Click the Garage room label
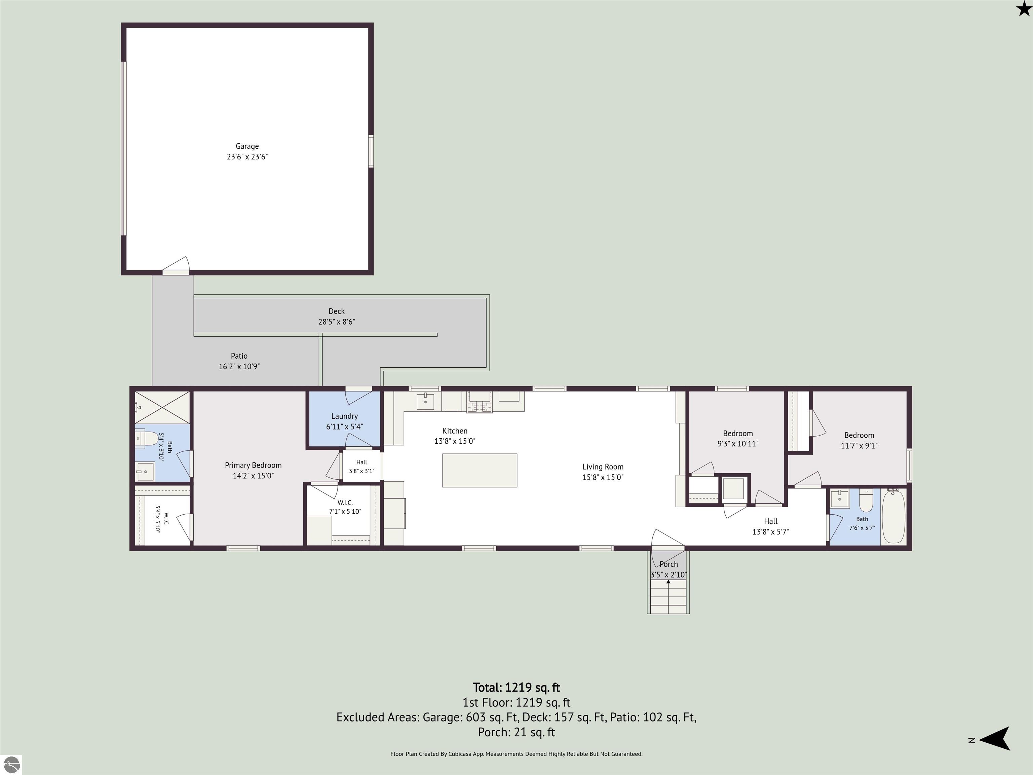(247, 146)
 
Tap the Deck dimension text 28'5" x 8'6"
(337, 322)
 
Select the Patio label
(239, 356)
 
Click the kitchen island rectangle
(480, 471)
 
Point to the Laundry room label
(345, 416)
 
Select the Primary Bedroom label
(253, 465)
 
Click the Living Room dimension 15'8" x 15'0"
(603, 477)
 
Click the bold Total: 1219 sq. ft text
(516, 688)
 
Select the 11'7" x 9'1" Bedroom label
(859, 441)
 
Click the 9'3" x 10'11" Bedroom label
(738, 439)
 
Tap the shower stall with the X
(162, 408)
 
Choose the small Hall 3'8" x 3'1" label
(361, 467)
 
